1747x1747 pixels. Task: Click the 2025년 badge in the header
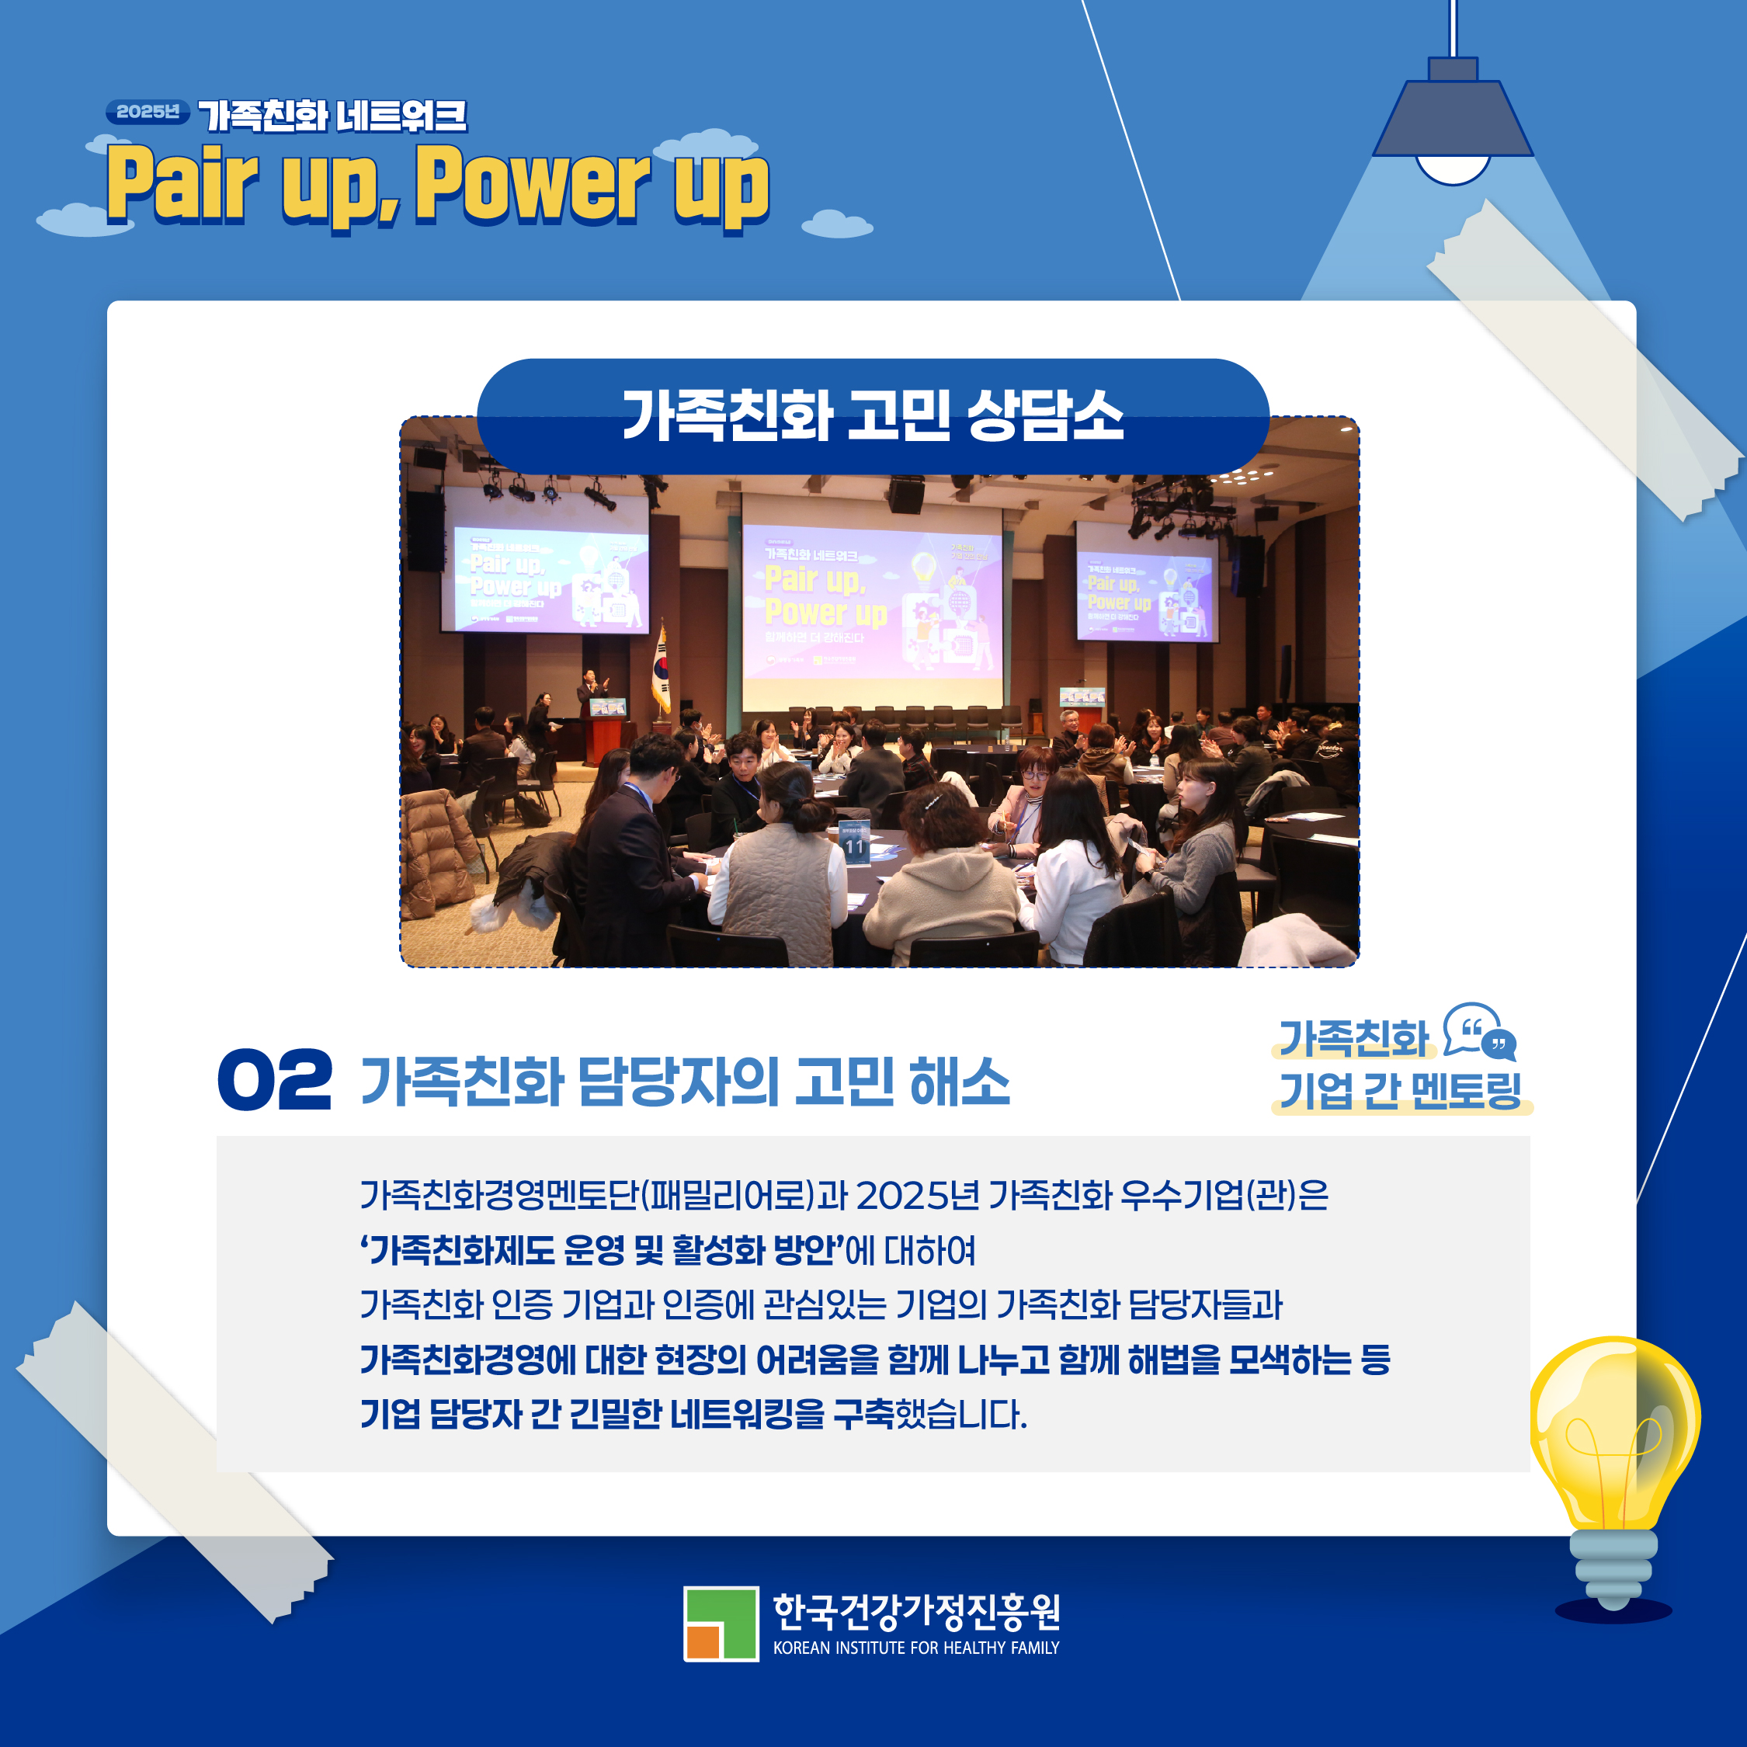click(x=148, y=112)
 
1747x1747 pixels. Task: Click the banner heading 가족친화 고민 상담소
click(x=873, y=417)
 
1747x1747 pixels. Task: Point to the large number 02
click(x=275, y=1080)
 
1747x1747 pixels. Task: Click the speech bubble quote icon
click(x=1479, y=1032)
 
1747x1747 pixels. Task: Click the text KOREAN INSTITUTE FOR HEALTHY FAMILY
click(x=915, y=1648)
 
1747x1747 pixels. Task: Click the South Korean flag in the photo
click(x=662, y=671)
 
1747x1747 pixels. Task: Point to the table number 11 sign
click(x=855, y=845)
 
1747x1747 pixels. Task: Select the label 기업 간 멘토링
click(x=1400, y=1091)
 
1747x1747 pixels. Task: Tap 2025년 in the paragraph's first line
click(x=916, y=1196)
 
